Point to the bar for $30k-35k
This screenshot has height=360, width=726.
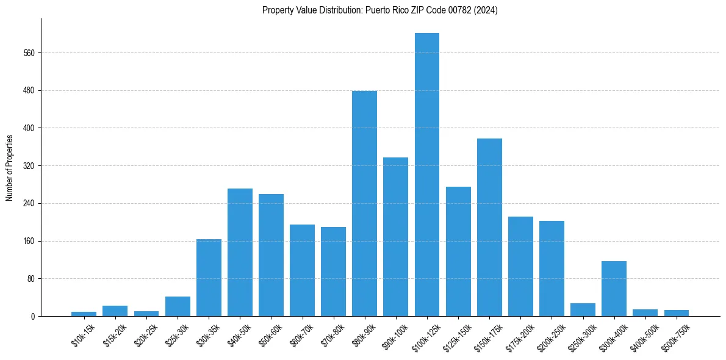click(x=209, y=278)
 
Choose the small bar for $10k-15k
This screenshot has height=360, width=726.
click(x=84, y=314)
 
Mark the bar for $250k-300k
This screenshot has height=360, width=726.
click(x=583, y=310)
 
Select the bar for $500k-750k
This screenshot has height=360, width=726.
click(x=676, y=313)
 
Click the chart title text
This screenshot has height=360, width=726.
click(x=379, y=10)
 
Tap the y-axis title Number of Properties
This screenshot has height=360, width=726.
click(x=10, y=167)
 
